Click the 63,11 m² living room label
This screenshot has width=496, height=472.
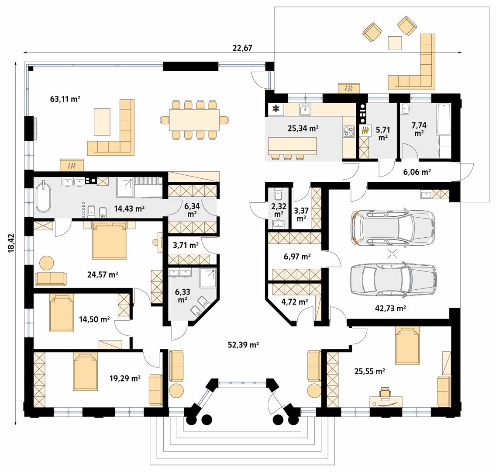pyautogui.click(x=65, y=99)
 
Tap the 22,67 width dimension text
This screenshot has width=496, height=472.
pyautogui.click(x=242, y=48)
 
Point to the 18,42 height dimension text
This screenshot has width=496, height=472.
pyautogui.click(x=11, y=243)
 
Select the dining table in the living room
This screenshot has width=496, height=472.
pyautogui.click(x=194, y=120)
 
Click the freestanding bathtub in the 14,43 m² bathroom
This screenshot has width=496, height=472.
pyautogui.click(x=43, y=197)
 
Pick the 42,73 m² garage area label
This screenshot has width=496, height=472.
pyautogui.click(x=390, y=308)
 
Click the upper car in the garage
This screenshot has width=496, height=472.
pyautogui.click(x=393, y=227)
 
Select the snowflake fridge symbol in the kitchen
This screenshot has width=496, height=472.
pyautogui.click(x=276, y=109)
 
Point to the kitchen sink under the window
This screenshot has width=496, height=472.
pyautogui.click(x=305, y=109)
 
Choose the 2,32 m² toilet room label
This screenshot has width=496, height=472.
pyautogui.click(x=279, y=210)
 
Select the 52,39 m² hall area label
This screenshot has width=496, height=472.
pyautogui.click(x=243, y=344)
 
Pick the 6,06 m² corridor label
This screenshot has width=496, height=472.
pyautogui.click(x=417, y=172)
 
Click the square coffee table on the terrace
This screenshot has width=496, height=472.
pyautogui.click(x=395, y=43)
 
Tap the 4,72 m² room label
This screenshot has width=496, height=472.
pyautogui.click(x=294, y=302)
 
